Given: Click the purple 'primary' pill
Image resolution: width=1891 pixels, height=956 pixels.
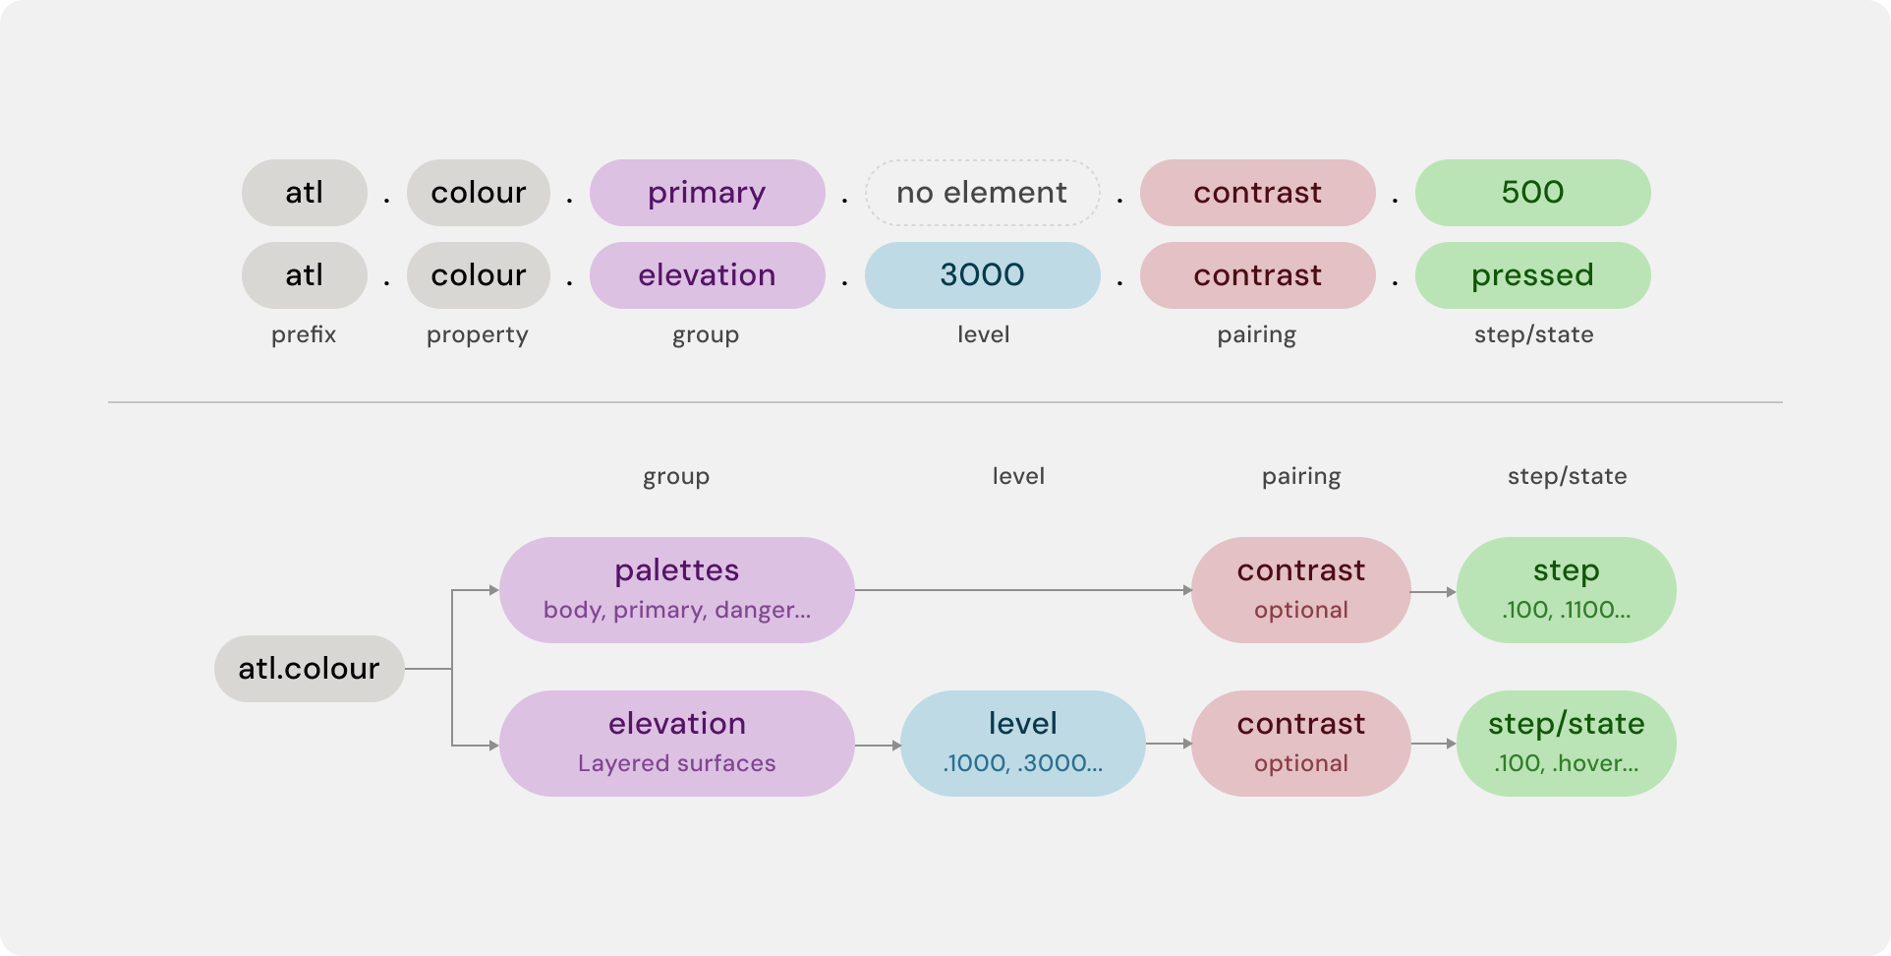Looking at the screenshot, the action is point(707,193).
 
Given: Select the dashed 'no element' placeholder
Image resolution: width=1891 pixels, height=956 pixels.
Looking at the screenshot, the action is point(982,193).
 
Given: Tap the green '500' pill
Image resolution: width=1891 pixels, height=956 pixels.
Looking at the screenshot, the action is point(1532,193).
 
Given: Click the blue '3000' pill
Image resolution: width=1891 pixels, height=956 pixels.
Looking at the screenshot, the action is point(982,275).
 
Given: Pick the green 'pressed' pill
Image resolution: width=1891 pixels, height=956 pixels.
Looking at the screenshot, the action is point(1532,275).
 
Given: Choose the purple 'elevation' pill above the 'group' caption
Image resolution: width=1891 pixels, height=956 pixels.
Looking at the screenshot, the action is point(707,275).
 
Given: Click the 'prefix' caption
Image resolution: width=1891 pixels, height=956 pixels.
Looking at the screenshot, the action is point(304,335).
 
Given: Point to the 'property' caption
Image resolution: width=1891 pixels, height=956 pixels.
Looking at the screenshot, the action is point(478,335).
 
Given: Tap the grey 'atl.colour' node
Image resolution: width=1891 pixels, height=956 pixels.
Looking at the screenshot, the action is point(309,669).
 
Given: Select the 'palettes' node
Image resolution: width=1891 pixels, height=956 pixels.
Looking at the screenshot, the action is point(677,590).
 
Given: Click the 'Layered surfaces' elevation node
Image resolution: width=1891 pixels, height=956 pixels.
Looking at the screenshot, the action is point(677,744).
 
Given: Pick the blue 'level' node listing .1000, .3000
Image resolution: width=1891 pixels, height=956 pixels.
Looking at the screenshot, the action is point(1022,744).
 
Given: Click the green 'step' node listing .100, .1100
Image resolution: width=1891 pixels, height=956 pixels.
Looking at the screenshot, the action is point(1566,590).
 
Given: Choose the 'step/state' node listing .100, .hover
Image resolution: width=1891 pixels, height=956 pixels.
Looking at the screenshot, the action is point(1566,744).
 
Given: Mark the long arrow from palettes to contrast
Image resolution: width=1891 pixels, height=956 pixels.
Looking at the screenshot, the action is point(1023,590).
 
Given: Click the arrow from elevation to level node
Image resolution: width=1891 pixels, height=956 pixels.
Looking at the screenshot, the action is point(878,746).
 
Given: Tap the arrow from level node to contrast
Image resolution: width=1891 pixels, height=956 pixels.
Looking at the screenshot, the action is point(1169,744).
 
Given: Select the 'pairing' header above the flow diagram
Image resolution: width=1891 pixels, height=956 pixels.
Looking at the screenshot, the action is point(1301,477).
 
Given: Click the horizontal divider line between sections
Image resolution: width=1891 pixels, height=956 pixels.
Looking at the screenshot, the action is point(945,402).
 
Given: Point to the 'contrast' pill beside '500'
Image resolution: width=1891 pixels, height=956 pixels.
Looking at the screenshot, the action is point(1257,193).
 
